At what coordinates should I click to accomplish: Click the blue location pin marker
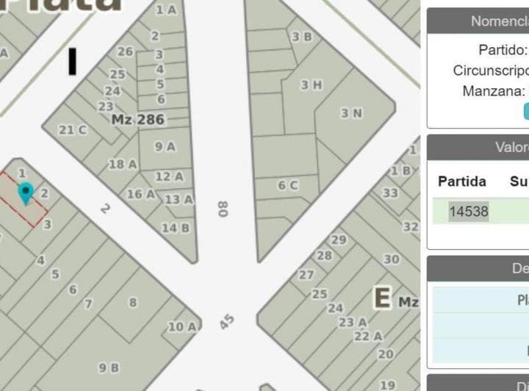point(26,193)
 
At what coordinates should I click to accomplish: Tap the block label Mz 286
point(138,119)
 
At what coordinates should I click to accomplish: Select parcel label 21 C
point(73,130)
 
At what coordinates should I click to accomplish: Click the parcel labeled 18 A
point(123,165)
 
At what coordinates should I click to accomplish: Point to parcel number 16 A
point(141,195)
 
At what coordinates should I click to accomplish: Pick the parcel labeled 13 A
point(179,199)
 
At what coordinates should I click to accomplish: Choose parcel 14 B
point(175,228)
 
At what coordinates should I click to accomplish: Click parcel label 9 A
point(165,146)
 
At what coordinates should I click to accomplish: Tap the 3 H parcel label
point(312,85)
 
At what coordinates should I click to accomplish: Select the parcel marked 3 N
point(351,113)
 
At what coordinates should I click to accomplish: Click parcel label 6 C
point(287,186)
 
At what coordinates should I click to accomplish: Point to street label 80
point(223,209)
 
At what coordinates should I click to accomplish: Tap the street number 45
point(227,322)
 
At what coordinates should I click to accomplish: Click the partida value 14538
point(469,212)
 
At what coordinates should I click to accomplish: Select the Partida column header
point(462,181)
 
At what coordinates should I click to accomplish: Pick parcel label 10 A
point(181,327)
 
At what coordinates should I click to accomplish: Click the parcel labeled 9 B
point(109,367)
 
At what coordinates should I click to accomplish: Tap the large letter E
point(382,298)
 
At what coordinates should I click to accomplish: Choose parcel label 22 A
point(368,336)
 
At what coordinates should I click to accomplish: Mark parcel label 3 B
point(301,36)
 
